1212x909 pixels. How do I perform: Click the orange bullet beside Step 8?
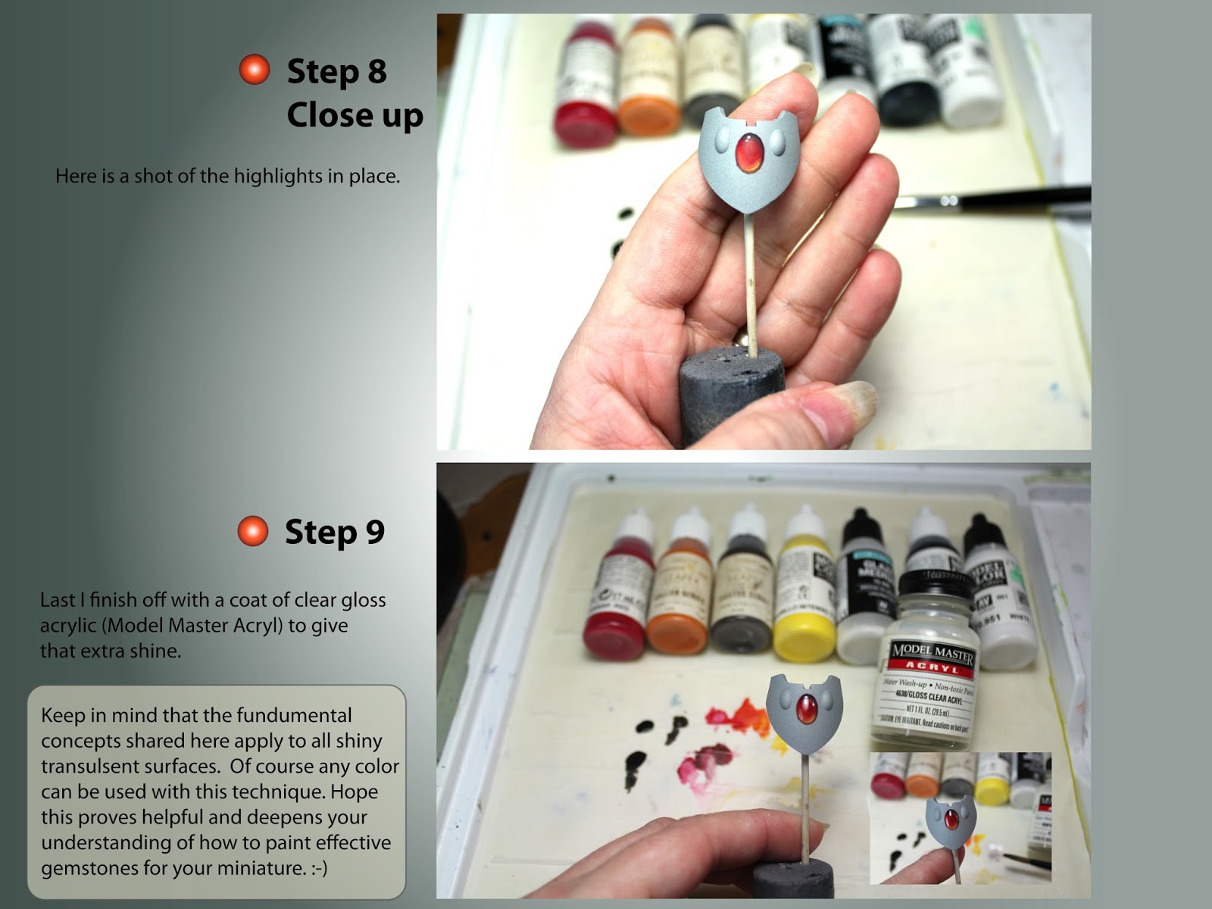point(255,70)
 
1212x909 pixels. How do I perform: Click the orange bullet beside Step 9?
point(253,531)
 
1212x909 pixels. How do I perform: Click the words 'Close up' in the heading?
point(355,115)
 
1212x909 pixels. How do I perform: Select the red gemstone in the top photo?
point(749,151)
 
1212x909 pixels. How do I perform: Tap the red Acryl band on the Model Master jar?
point(932,667)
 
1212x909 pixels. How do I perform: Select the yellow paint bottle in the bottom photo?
point(804,591)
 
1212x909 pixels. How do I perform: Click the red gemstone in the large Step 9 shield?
point(806,708)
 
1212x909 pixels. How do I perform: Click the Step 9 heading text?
point(334,532)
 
